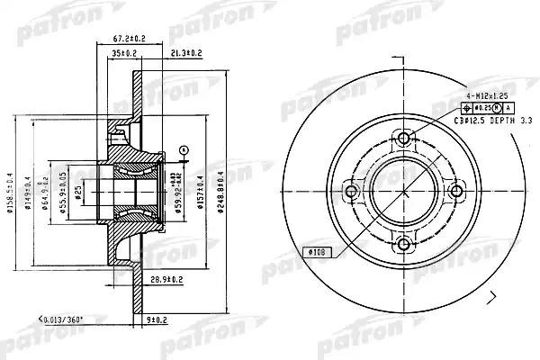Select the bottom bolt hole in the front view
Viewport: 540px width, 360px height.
click(x=404, y=243)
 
